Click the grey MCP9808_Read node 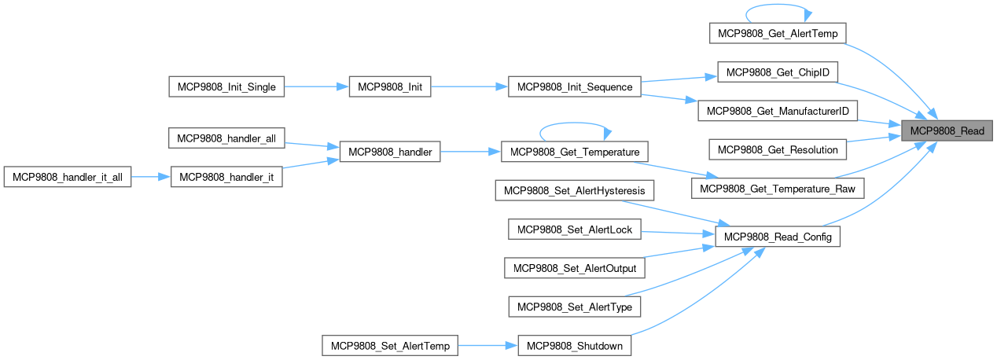(x=947, y=130)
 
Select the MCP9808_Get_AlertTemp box (x=778, y=33)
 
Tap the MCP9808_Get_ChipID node (x=778, y=72)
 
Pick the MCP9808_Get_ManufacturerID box (x=777, y=111)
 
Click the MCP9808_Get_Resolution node (x=778, y=149)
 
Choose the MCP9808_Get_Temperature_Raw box (x=777, y=189)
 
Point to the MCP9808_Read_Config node (x=777, y=237)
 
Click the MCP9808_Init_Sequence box (x=576, y=87)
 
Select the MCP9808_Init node (x=390, y=87)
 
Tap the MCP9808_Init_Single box (x=226, y=87)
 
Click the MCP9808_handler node (x=389, y=152)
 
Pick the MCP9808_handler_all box (x=226, y=139)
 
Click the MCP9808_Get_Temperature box (x=574, y=152)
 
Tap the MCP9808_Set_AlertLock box (x=576, y=230)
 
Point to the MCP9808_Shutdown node (x=575, y=346)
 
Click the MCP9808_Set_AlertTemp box (x=390, y=346)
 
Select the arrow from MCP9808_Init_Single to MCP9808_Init (x=316, y=87)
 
